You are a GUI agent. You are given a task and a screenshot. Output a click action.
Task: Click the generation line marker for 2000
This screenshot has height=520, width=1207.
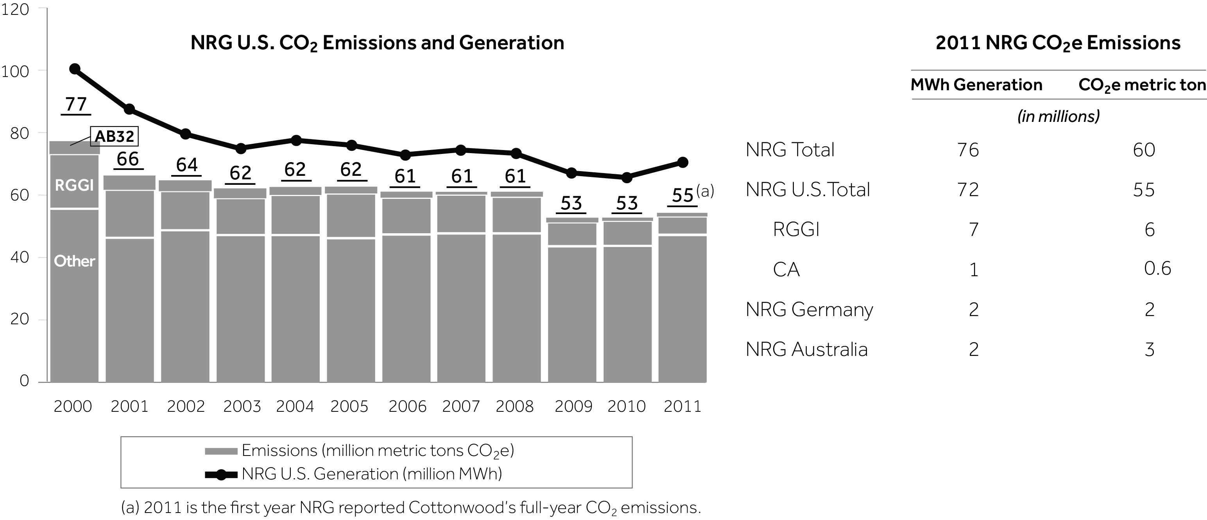pos(75,69)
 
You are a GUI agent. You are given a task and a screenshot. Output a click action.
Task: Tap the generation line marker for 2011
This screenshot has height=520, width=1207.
pos(683,163)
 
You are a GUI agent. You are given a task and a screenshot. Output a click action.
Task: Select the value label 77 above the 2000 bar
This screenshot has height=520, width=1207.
pos(76,104)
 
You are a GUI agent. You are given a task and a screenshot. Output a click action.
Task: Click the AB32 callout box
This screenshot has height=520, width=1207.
pos(114,136)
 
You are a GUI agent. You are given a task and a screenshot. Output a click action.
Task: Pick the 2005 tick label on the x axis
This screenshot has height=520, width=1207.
pos(349,406)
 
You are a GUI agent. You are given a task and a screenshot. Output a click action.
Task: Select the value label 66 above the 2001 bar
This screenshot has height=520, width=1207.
pos(128,159)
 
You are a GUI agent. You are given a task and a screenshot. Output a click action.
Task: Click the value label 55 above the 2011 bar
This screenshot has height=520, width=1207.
pos(682,195)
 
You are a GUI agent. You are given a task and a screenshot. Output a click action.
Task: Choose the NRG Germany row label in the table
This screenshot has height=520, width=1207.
pos(809,310)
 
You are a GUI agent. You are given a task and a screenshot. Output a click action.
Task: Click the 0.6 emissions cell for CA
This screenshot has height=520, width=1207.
pos(1157,268)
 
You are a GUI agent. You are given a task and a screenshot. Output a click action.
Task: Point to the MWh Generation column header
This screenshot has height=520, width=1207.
pos(976,85)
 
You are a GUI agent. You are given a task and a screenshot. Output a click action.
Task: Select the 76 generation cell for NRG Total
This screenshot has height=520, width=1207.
pos(968,150)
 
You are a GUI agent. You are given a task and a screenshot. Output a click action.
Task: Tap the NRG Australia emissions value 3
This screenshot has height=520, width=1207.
pos(1150,350)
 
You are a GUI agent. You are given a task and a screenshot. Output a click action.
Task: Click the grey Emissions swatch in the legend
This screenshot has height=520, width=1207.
pos(221,451)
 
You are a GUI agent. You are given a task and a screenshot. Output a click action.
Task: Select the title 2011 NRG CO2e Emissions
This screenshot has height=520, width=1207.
pos(1058,43)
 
